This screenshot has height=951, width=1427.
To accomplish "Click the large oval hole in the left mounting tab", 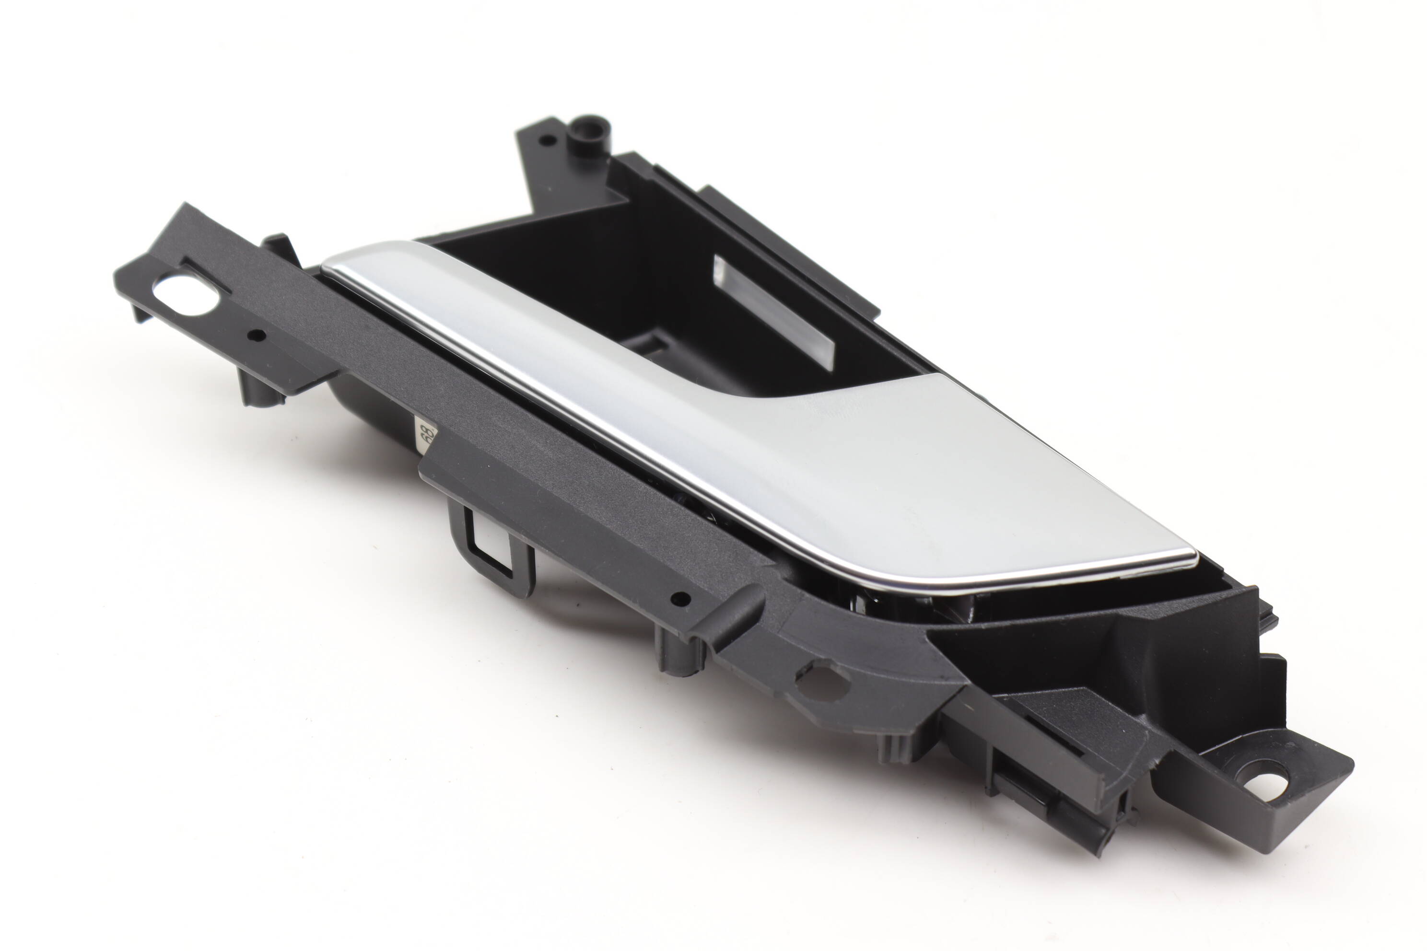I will pos(185,296).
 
